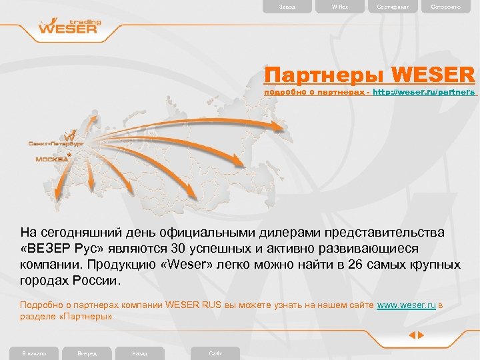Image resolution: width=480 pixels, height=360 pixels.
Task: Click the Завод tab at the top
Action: point(278,7)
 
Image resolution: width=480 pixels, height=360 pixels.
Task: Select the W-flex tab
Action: point(340,7)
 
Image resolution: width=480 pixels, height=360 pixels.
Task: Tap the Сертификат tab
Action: point(393,7)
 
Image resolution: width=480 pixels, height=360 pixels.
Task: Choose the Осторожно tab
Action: point(445,7)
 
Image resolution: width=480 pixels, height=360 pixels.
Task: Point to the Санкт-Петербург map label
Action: point(55,143)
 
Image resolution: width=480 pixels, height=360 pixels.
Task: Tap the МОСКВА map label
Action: point(53,159)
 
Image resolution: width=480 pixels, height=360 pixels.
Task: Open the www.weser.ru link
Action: point(407,305)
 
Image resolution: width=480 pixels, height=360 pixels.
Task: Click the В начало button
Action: point(34,353)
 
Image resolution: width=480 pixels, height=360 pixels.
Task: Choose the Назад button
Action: point(140,353)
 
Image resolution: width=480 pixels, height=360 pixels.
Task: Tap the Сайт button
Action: point(215,353)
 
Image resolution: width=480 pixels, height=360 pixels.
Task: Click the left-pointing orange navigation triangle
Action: point(412,335)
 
